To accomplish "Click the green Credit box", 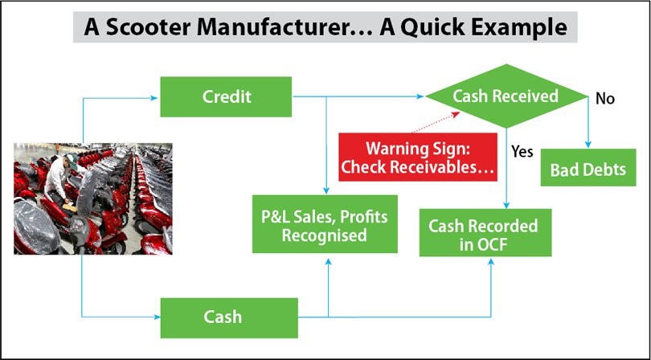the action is (x=226, y=96).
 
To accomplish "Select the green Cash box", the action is (x=229, y=317).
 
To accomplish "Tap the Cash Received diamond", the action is (x=506, y=96).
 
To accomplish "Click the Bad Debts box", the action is (x=588, y=168).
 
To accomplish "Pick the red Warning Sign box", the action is (x=418, y=157).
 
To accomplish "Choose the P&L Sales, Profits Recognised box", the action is (x=325, y=224).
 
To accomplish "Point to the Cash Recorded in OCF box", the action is (x=485, y=232).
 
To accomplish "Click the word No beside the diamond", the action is (x=605, y=99).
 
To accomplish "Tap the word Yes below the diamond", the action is (x=522, y=152).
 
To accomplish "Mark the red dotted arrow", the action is (x=436, y=122).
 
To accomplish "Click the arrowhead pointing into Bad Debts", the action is (x=588, y=145).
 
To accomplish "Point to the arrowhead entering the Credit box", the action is (x=154, y=98).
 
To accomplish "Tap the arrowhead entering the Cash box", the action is (x=157, y=317).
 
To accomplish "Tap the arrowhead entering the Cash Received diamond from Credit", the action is (x=421, y=96).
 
